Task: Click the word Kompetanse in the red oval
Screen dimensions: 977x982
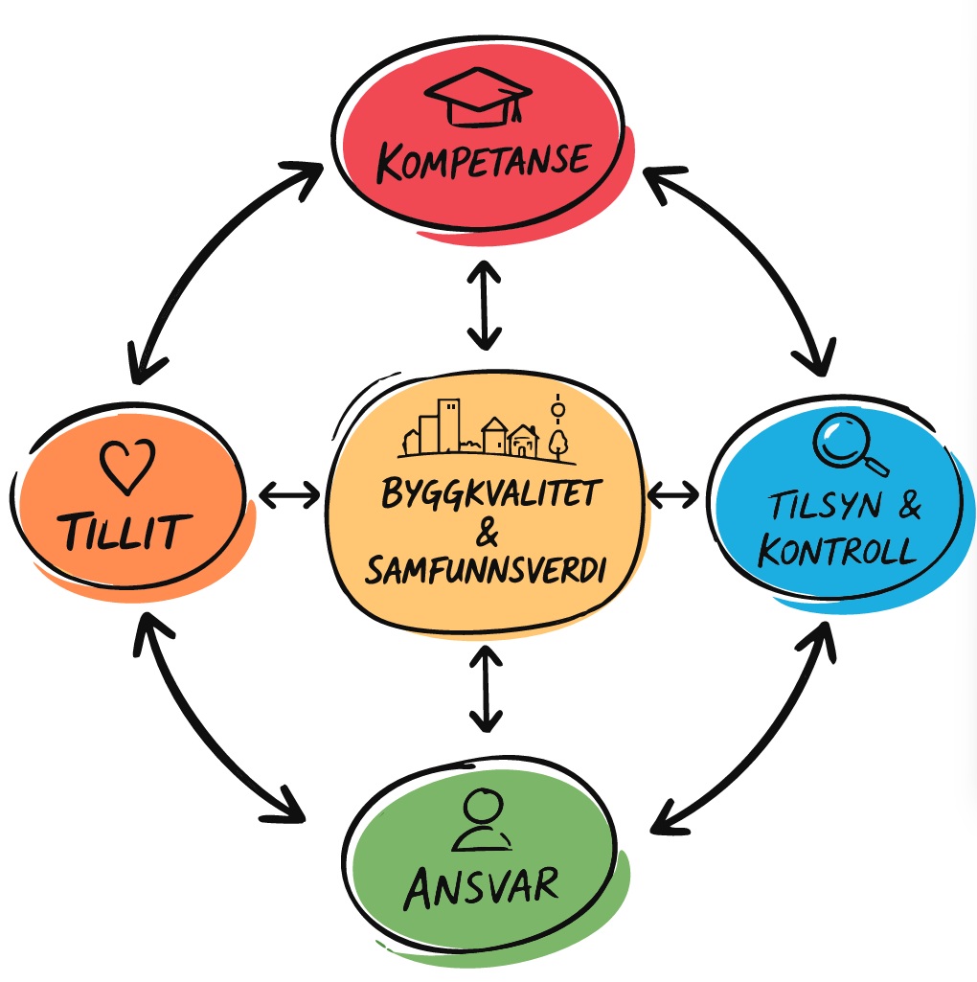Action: click(x=483, y=162)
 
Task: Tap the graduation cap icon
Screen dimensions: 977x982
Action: click(x=478, y=97)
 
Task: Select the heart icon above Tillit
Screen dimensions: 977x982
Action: click(x=127, y=467)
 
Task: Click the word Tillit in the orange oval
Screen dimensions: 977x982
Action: click(x=125, y=532)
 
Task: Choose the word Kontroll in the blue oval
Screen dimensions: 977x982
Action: click(x=836, y=551)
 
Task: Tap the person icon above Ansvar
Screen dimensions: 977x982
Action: click(x=482, y=819)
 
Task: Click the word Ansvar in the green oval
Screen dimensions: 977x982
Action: click(x=481, y=887)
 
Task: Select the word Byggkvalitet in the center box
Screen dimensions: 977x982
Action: click(x=491, y=492)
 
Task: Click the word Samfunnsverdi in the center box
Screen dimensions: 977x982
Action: click(x=486, y=570)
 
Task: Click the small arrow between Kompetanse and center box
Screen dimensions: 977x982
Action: click(x=484, y=306)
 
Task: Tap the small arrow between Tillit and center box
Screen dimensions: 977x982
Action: click(x=289, y=495)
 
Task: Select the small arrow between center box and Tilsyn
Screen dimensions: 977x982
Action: click(x=673, y=494)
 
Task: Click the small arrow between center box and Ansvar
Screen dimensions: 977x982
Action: click(x=486, y=689)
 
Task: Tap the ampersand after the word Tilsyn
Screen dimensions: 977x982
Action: click(x=909, y=505)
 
